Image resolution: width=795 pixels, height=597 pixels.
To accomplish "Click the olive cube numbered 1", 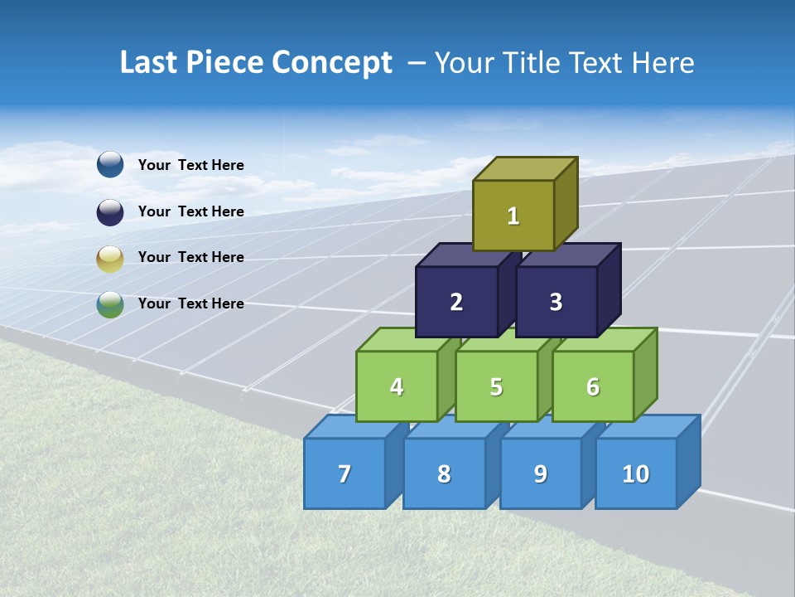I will click(513, 216).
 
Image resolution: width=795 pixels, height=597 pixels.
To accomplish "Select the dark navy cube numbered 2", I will click(456, 302).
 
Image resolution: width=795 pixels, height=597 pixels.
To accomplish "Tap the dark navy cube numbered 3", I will click(556, 302).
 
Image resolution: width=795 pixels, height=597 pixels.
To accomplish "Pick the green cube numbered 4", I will click(397, 386).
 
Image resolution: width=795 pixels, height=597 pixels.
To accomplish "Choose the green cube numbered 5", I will click(496, 386).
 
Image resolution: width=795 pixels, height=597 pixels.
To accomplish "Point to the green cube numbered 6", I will click(592, 386).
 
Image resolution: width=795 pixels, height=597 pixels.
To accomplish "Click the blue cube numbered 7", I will click(344, 473).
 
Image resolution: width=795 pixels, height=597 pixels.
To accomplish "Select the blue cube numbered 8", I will click(444, 473).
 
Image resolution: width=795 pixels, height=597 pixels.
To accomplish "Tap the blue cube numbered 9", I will click(540, 473).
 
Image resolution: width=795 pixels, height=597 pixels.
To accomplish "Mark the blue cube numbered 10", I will click(635, 473).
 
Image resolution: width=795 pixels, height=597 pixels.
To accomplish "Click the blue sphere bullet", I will click(110, 164).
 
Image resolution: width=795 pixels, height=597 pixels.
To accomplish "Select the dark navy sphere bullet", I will click(110, 211).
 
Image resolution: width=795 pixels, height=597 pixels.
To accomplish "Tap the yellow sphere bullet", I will click(110, 259).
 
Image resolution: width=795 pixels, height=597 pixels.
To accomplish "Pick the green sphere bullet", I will click(110, 304).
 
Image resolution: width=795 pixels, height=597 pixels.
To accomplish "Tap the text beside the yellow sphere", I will click(190, 257).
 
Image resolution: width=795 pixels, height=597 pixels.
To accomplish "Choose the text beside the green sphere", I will click(190, 303).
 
